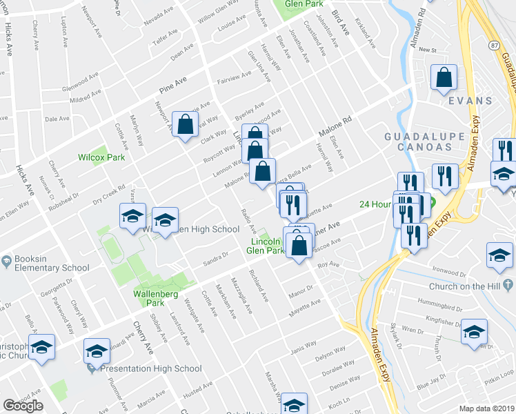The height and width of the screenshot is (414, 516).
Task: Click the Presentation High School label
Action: coord(151,368)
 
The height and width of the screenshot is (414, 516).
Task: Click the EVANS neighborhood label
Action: coord(470,101)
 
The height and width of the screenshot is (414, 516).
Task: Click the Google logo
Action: coord(23,406)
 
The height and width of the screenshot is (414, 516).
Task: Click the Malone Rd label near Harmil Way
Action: coord(335,126)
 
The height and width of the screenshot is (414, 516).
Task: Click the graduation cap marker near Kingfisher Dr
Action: coord(474,332)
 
